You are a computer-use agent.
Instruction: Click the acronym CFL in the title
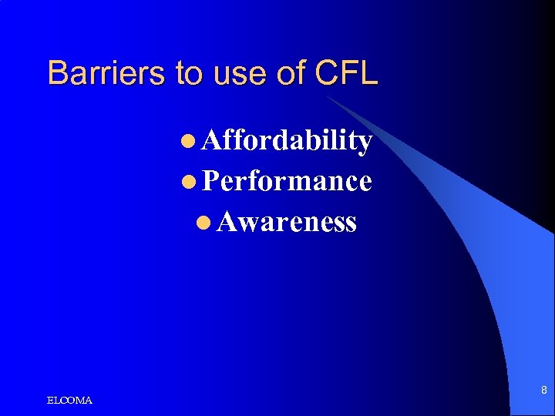click(346, 73)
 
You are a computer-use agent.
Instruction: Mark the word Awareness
click(286, 222)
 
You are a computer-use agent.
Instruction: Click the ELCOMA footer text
click(69, 401)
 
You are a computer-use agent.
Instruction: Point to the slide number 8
click(543, 391)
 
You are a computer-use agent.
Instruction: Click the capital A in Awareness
click(227, 222)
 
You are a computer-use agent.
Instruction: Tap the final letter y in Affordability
click(365, 144)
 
